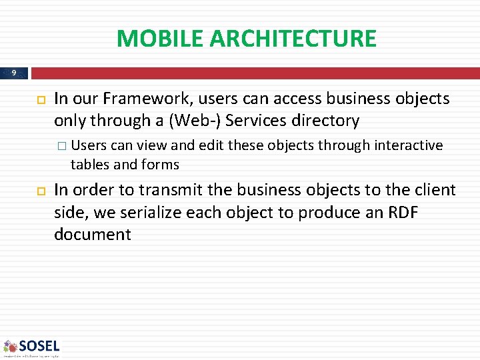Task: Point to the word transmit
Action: tap(170, 190)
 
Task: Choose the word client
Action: tap(434, 190)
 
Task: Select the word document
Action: tap(93, 235)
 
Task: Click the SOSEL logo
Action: tap(31, 347)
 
